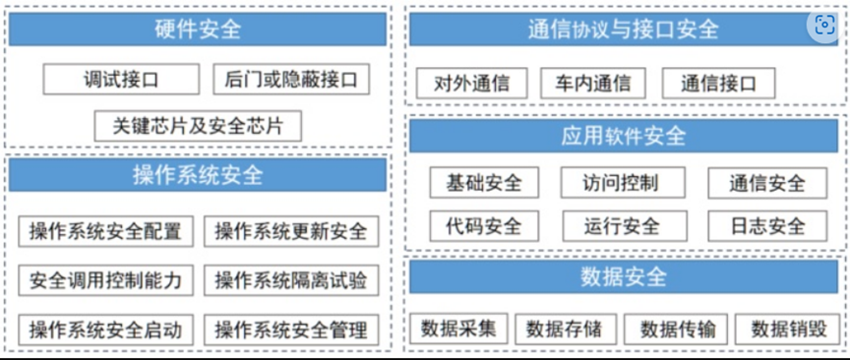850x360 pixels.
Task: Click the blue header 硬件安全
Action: tap(197, 30)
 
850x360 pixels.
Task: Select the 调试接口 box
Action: tap(122, 79)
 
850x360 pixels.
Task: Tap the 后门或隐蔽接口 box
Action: tap(291, 79)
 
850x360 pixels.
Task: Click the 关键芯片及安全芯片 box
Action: tap(198, 126)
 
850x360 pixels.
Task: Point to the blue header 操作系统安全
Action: tap(197, 175)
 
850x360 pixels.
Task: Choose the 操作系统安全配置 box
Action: tap(105, 231)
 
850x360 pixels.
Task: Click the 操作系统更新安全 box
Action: tap(290, 231)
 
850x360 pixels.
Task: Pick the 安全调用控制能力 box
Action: tap(105, 280)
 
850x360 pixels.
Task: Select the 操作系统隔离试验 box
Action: tap(290, 280)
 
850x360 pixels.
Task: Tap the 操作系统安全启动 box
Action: tap(105, 329)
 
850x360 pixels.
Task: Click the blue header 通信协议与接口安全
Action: tap(610, 30)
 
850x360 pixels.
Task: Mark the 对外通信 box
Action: tap(471, 84)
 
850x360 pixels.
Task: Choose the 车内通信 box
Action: tap(592, 84)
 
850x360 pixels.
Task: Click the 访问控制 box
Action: tap(620, 182)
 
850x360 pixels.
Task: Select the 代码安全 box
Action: tap(484, 226)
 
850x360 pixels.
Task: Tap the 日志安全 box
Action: tap(767, 226)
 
